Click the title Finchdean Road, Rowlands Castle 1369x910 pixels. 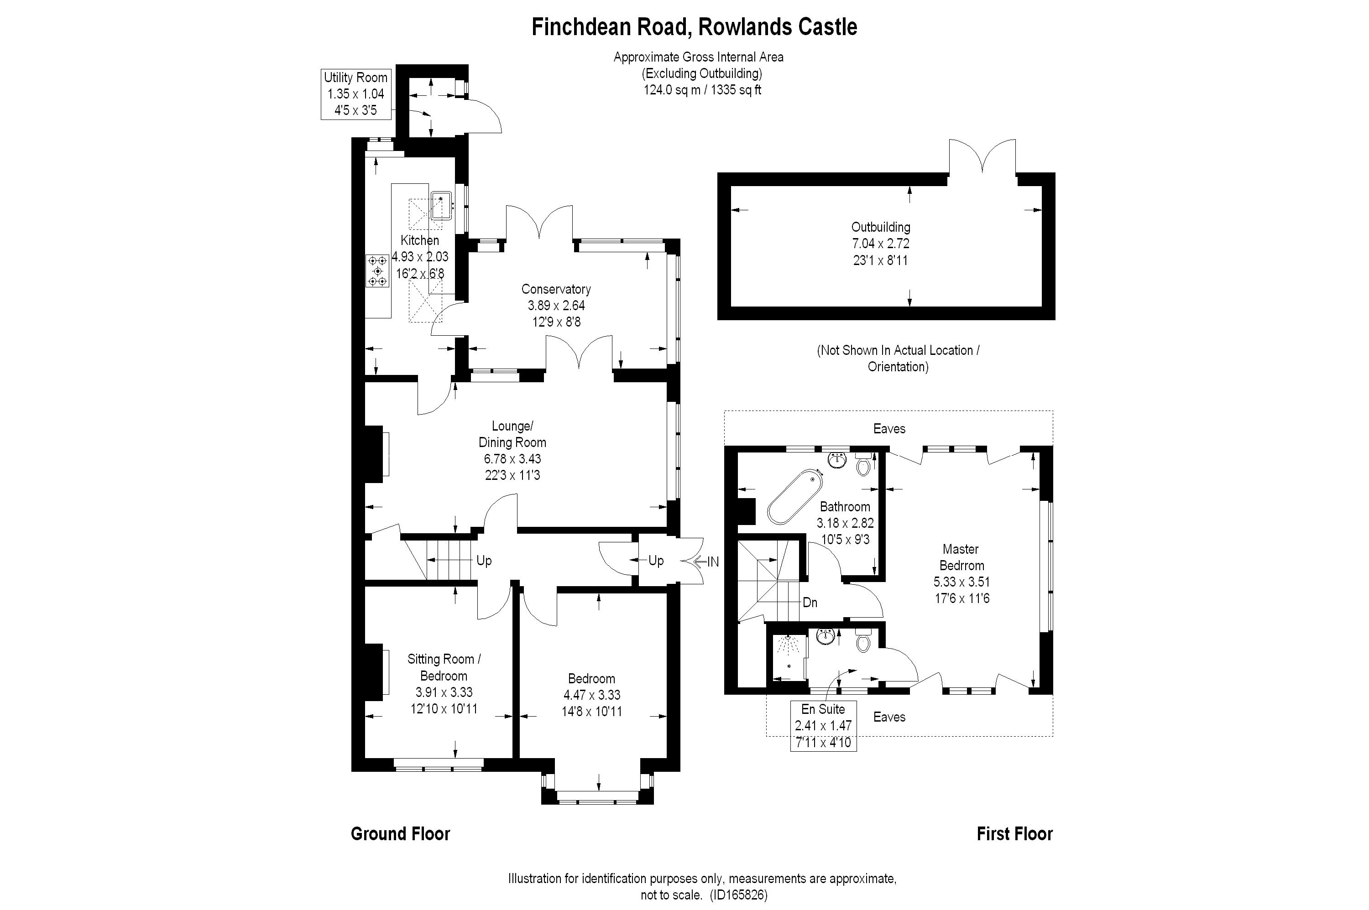(x=695, y=27)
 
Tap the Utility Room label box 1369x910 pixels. (x=355, y=94)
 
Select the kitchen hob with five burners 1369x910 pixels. (x=377, y=271)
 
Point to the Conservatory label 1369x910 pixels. (x=556, y=289)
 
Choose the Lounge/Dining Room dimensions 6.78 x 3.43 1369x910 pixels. (x=512, y=459)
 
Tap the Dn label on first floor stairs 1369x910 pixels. (x=810, y=603)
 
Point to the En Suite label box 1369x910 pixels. (x=823, y=725)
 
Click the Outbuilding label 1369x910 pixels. (x=880, y=227)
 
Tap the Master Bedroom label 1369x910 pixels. (x=961, y=557)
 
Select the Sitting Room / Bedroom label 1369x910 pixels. (x=444, y=667)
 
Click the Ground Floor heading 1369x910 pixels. (x=400, y=834)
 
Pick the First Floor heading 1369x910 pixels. (x=1014, y=834)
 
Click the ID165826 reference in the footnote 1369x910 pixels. (x=738, y=895)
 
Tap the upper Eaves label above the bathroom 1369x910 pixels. (x=889, y=428)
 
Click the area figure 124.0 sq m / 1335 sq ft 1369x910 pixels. (x=702, y=90)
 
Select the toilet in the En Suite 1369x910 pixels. (x=863, y=641)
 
